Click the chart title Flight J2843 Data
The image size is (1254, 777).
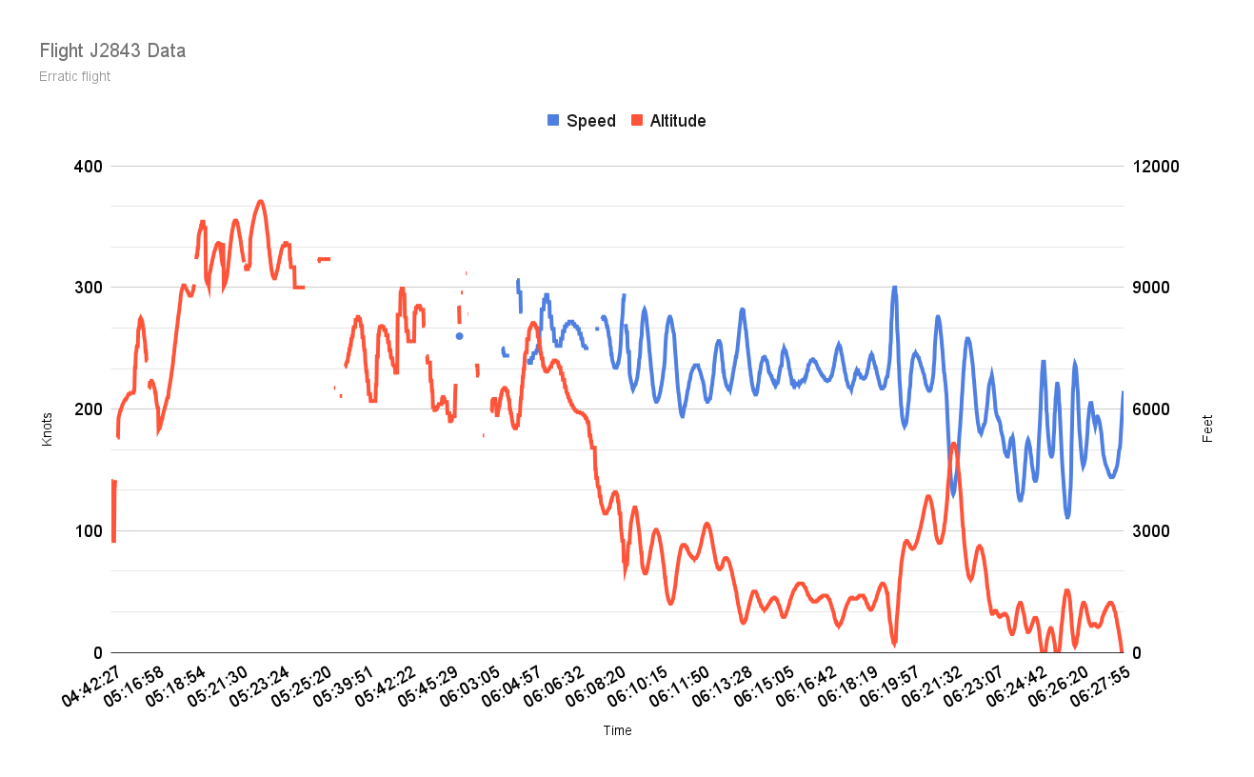tap(112, 50)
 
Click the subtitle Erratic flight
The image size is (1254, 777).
tap(75, 76)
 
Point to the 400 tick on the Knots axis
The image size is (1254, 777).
tap(90, 167)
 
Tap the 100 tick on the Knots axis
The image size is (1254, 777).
tap(90, 530)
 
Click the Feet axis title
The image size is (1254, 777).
tap(1207, 428)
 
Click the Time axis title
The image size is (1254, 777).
tap(617, 730)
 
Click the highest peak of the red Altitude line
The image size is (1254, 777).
tap(260, 201)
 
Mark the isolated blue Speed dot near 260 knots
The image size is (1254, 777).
tap(459, 336)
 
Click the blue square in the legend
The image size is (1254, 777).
tap(553, 121)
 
